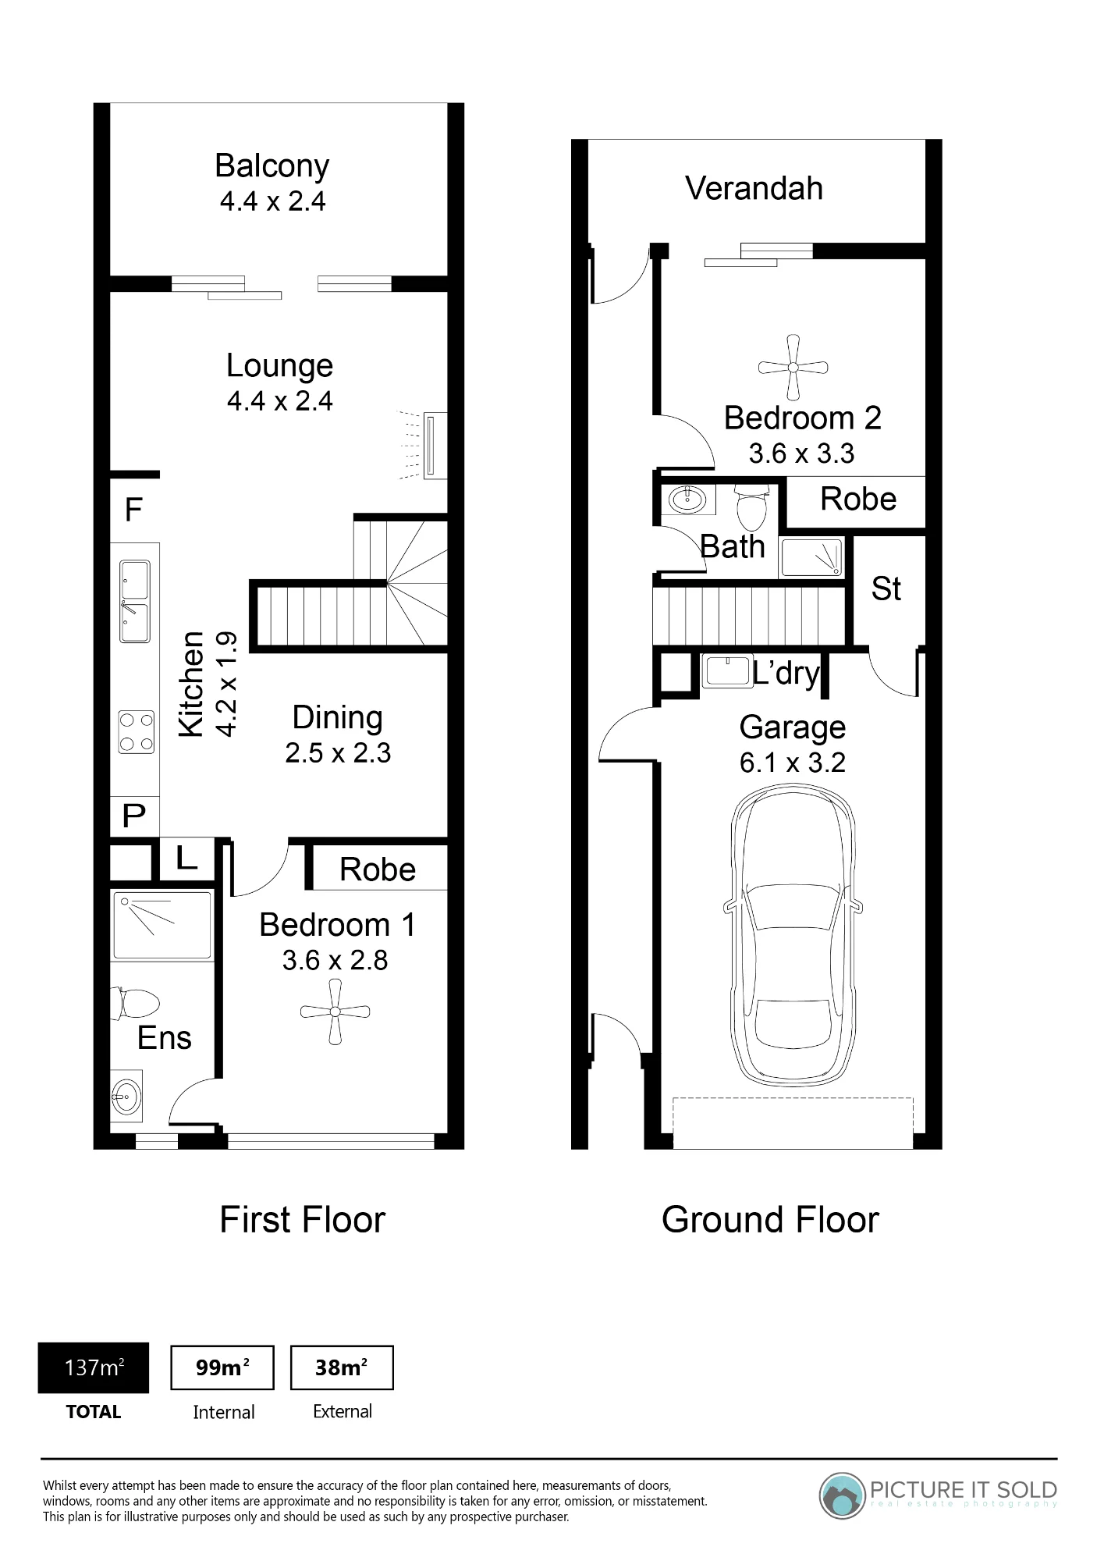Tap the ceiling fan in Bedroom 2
coord(793,367)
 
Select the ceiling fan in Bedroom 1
coord(335,1012)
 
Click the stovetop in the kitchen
coord(136,732)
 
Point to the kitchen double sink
coord(134,601)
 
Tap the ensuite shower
coord(162,926)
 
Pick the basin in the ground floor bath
coord(687,500)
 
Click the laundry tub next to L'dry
coord(726,671)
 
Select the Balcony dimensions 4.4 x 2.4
coord(272,201)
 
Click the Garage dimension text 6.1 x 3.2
coord(793,763)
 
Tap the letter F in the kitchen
coord(133,510)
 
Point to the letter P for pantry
coord(134,816)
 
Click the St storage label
coord(886,589)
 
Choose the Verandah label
coord(754,188)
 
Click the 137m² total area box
coord(94,1368)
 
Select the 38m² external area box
coord(342,1367)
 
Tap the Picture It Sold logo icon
coord(843,1496)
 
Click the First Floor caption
coord(303,1220)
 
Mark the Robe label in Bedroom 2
coord(858,500)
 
